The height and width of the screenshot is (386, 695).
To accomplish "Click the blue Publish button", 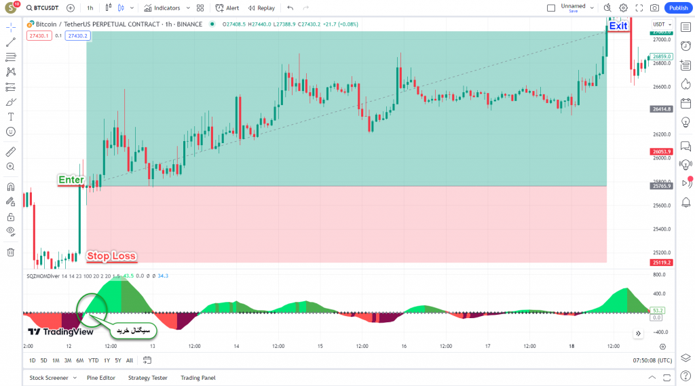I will click(x=677, y=8).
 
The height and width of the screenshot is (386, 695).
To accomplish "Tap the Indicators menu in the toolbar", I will click(x=162, y=8).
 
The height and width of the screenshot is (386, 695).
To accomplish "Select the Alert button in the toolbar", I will click(x=227, y=8).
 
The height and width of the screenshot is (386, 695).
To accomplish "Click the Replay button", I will click(x=261, y=8).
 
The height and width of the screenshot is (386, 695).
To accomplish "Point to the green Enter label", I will click(x=71, y=180).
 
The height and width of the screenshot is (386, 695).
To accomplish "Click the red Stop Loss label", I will click(x=111, y=256).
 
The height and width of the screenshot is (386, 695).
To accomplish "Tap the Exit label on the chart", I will click(x=618, y=26).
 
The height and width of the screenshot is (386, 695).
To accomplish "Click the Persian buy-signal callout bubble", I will click(x=134, y=330).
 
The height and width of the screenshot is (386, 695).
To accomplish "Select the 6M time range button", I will click(x=79, y=360).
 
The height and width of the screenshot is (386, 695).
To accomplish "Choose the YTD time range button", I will click(x=93, y=360).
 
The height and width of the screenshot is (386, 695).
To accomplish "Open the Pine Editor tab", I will click(x=101, y=378).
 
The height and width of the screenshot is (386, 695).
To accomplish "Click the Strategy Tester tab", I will click(x=148, y=378).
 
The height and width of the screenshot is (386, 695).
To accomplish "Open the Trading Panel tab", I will click(x=198, y=378).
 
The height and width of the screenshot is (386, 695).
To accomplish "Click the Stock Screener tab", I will click(x=49, y=378).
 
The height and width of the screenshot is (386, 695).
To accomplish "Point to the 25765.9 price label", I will click(x=660, y=186).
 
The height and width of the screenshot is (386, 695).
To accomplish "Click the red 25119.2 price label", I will click(x=660, y=263).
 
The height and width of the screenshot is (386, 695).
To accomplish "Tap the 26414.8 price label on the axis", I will click(x=660, y=109).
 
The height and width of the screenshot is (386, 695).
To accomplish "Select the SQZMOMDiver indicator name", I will click(x=42, y=276).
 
